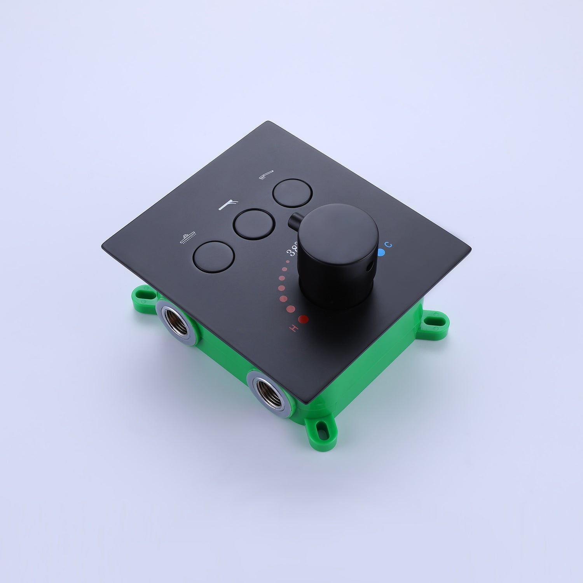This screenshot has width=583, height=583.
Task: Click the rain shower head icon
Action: (188, 239)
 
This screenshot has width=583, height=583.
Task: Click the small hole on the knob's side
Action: (370, 267)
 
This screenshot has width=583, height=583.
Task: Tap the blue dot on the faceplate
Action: (381, 253)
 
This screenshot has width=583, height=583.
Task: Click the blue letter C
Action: (390, 245)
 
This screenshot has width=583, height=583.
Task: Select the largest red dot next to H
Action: (304, 319)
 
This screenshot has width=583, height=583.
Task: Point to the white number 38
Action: (293, 249)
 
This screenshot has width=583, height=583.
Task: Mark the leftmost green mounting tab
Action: (146, 296)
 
